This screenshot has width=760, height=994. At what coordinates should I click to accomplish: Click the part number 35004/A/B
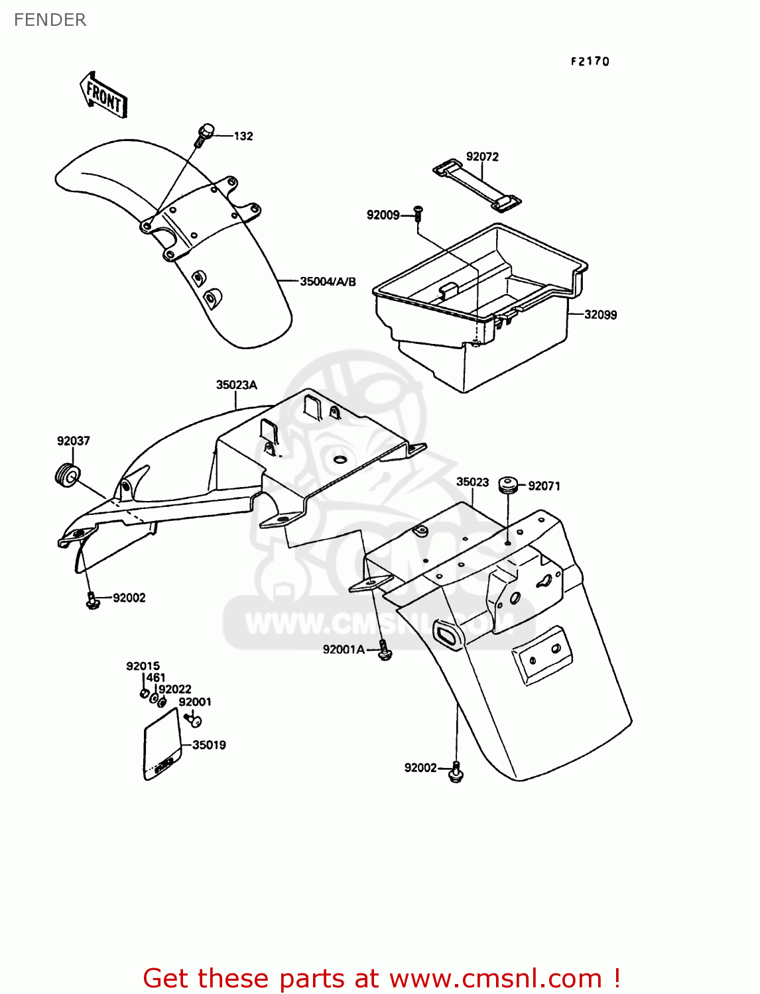(328, 282)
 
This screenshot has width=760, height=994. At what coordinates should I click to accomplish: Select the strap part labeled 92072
(477, 185)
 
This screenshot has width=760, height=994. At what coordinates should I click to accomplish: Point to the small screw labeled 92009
(417, 213)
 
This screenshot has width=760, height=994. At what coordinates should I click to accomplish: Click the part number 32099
(600, 314)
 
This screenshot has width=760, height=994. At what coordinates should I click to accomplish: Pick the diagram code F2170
(590, 61)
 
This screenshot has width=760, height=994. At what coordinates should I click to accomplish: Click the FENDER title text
(50, 20)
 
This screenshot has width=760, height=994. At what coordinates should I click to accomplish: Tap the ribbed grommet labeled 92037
(68, 474)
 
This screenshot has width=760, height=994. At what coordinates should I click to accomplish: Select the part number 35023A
(237, 385)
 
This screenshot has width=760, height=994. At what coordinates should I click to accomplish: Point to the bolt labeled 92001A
(384, 650)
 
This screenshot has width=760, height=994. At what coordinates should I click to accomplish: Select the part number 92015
(143, 666)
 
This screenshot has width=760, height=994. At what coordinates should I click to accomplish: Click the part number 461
(155, 678)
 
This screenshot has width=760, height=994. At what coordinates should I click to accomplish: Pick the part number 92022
(175, 689)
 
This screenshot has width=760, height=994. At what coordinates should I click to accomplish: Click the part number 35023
(472, 482)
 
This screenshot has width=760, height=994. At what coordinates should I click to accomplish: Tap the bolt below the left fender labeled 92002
(92, 600)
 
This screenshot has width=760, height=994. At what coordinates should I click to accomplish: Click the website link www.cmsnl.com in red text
(496, 977)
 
